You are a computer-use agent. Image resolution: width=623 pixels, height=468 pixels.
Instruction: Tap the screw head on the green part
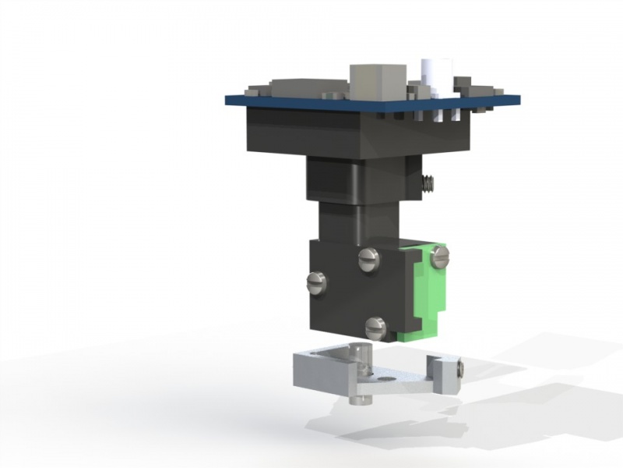tap(440, 255)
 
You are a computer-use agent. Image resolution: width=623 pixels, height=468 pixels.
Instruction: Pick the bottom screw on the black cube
tap(376, 327)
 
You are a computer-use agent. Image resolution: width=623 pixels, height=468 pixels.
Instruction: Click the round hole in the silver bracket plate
tap(387, 379)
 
